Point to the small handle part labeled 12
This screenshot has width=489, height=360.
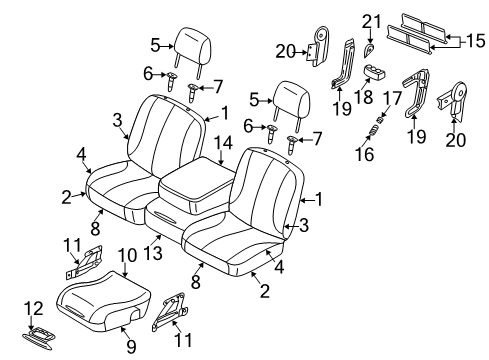click(x=45, y=336)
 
